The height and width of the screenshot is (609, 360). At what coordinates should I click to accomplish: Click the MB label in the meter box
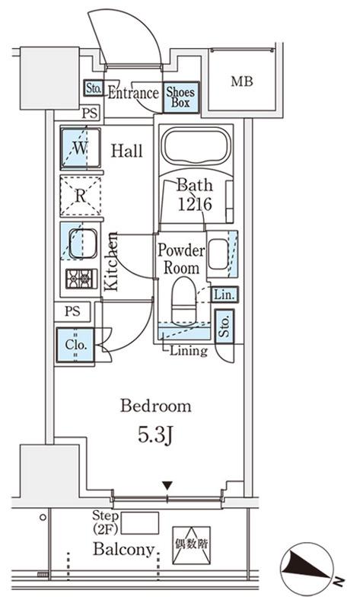(x=242, y=81)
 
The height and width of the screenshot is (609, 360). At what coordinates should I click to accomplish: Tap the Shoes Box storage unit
(x=180, y=97)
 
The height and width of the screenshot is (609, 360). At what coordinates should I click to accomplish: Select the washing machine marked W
(x=81, y=148)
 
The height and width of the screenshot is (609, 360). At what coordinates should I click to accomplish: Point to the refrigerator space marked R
(x=81, y=196)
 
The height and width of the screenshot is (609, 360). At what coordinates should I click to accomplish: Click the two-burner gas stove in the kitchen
(x=81, y=279)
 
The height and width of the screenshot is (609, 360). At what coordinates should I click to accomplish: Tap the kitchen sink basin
(x=83, y=244)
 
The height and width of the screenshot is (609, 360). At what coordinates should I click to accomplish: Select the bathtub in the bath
(x=196, y=146)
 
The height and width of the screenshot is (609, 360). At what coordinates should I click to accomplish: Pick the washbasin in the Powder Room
(x=218, y=254)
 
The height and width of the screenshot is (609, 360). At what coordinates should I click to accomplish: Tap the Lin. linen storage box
(x=225, y=295)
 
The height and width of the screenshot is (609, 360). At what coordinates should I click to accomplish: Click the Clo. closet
(x=75, y=345)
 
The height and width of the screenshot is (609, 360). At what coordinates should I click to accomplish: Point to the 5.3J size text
(x=155, y=435)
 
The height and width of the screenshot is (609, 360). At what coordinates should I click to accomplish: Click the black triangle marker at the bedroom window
(x=167, y=486)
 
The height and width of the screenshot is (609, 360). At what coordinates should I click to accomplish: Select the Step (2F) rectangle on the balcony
(x=140, y=523)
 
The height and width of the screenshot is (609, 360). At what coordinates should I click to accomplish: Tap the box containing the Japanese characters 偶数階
(x=192, y=545)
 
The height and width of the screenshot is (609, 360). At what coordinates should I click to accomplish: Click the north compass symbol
(x=307, y=567)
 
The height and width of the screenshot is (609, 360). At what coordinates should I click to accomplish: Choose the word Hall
(x=126, y=150)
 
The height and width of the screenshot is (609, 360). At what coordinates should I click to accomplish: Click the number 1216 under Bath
(x=195, y=204)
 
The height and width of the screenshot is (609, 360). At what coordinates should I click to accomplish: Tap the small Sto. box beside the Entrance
(x=93, y=88)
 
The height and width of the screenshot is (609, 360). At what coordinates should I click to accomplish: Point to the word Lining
(x=189, y=351)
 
